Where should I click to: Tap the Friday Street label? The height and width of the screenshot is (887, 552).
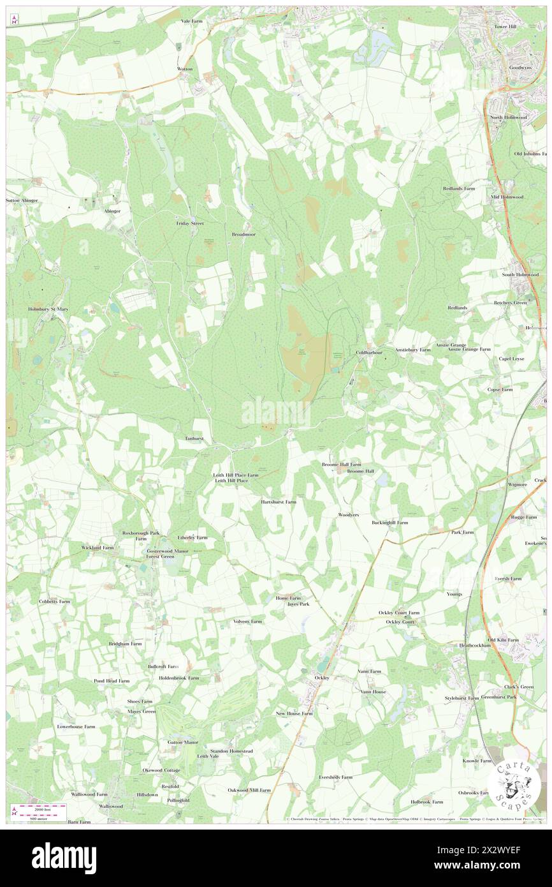tap(190, 224)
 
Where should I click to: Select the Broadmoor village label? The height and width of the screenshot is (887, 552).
tap(243, 234)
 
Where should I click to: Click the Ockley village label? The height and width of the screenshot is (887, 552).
tap(322, 677)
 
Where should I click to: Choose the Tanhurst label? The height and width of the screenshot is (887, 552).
tap(193, 438)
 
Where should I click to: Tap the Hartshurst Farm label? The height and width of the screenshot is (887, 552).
tap(279, 502)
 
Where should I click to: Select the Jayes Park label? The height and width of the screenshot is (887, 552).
tap(298, 603)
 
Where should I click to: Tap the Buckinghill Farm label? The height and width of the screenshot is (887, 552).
tap(389, 522)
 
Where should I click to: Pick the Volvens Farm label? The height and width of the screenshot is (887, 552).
tap(247, 621)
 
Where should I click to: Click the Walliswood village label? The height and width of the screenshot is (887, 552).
tap(110, 806)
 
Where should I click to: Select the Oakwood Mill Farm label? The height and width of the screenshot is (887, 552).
tap(249, 789)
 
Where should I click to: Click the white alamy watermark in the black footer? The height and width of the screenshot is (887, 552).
tap(64, 857)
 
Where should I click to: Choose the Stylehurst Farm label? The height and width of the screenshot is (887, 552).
tap(461, 698)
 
